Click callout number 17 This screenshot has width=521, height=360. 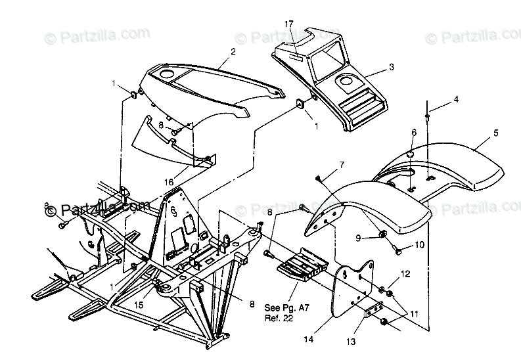click(288, 24)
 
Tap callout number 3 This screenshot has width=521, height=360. click(391, 66)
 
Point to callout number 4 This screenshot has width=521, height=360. click(455, 101)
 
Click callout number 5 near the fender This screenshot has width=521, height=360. click(496, 133)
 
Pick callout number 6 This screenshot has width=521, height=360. click(413, 133)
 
